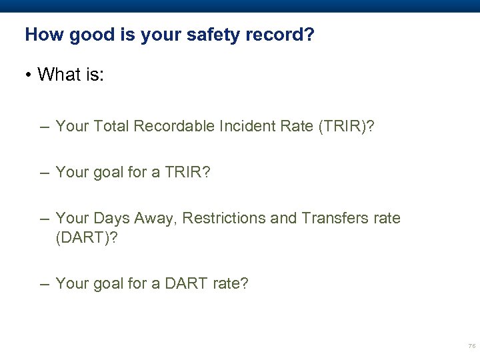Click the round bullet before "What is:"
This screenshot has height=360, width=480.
coord(29,74)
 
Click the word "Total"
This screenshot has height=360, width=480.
coord(110,126)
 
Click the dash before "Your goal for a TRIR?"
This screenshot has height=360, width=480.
coord(44,173)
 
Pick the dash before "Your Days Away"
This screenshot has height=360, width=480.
coord(44,219)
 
